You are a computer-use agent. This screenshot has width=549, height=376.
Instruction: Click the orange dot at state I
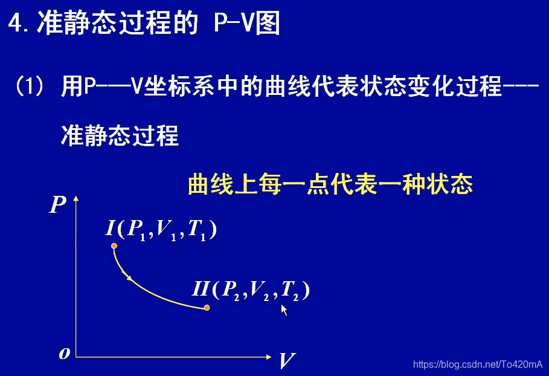(x=114, y=246)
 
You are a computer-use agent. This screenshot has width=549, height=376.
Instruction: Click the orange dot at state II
(x=207, y=308)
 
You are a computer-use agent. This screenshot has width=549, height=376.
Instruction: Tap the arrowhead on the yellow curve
(x=129, y=277)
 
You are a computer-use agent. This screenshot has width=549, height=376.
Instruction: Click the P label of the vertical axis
(x=57, y=206)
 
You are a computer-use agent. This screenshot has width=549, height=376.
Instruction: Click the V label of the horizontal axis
(x=286, y=361)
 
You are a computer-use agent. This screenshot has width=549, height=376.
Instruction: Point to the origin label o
(x=64, y=354)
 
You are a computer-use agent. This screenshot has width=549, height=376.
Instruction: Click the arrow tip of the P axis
(x=75, y=198)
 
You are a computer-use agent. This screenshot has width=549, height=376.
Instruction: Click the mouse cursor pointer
(x=284, y=310)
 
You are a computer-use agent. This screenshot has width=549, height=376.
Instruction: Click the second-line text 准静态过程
(x=120, y=135)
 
